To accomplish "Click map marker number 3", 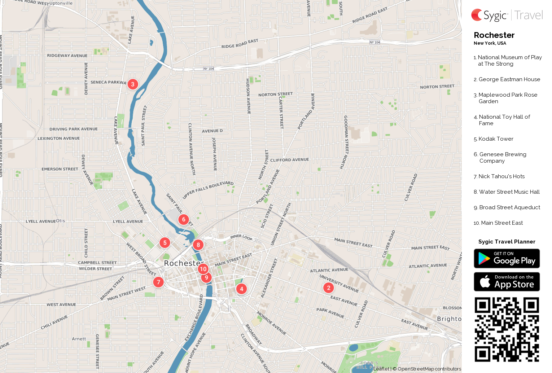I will pyautogui.click(x=133, y=84).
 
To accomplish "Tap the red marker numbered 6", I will pyautogui.click(x=184, y=219).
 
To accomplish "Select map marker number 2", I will pyautogui.click(x=328, y=288).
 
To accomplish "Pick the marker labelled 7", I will pyautogui.click(x=158, y=282).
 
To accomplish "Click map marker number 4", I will pyautogui.click(x=242, y=289).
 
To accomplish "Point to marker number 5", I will pyautogui.click(x=165, y=243).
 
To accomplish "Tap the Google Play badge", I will pyautogui.click(x=507, y=259).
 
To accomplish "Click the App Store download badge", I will pyautogui.click(x=507, y=282).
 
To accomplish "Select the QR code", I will pyautogui.click(x=507, y=329).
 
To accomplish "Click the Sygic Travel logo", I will pyautogui.click(x=507, y=15).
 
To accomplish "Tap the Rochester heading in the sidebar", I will pyautogui.click(x=494, y=35).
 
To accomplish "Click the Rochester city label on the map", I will pyautogui.click(x=182, y=263).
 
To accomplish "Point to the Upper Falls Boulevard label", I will pyautogui.click(x=208, y=190).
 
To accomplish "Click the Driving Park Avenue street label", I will pyautogui.click(x=74, y=129).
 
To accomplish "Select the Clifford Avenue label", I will pyautogui.click(x=289, y=160).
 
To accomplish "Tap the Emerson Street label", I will pyautogui.click(x=60, y=169).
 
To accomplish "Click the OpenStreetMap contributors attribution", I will pyautogui.click(x=429, y=369).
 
